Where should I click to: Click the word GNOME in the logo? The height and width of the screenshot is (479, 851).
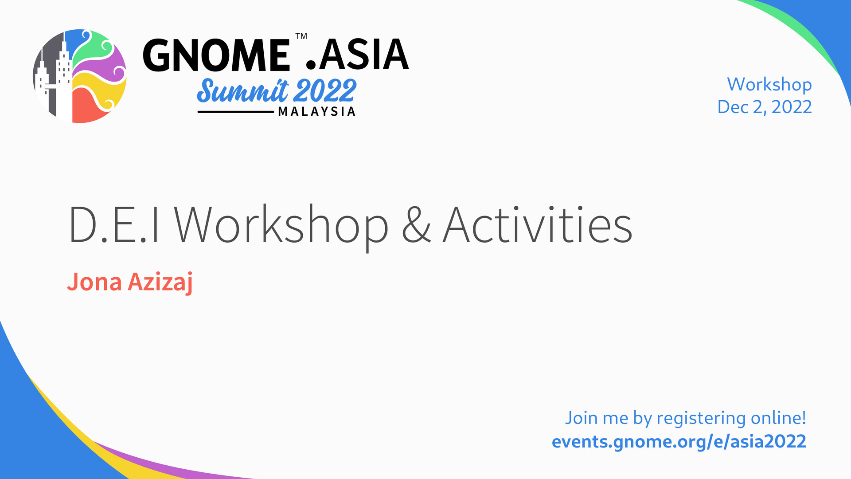[216, 55]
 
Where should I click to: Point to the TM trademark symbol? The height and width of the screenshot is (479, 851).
[301, 36]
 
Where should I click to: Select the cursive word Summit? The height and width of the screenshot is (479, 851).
[242, 91]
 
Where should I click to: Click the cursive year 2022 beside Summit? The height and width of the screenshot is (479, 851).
[325, 91]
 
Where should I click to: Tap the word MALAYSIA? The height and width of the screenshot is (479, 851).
[316, 111]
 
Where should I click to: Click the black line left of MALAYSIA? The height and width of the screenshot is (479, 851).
[236, 112]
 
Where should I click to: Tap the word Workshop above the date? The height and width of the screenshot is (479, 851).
[769, 85]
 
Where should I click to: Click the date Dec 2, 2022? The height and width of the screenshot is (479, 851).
[765, 107]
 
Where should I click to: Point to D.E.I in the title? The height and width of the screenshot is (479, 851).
[114, 225]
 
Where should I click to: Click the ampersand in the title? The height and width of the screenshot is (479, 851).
[416, 225]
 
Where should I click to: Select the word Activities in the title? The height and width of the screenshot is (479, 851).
[538, 225]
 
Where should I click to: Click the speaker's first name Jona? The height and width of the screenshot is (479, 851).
[94, 282]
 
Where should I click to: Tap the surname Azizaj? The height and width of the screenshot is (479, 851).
[160, 283]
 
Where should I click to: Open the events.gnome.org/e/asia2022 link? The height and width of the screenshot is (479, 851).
[679, 442]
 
